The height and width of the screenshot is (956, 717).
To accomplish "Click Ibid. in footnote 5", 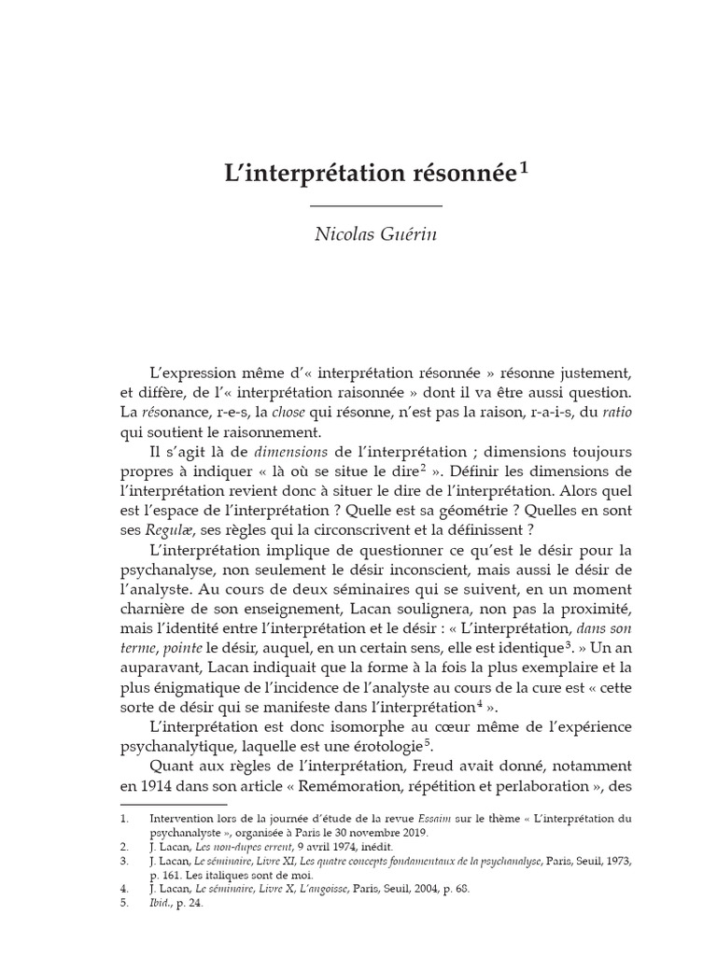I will (x=162, y=905).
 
